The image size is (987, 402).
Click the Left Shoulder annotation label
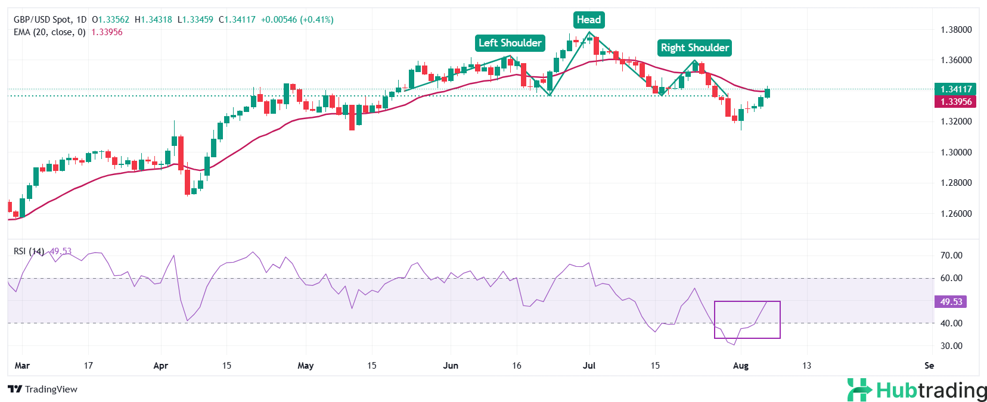pyautogui.click(x=510, y=43)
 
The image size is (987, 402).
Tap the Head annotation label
pyautogui.click(x=589, y=20)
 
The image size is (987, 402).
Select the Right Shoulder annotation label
pyautogui.click(x=694, y=48)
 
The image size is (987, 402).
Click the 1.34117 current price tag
pyautogui.click(x=955, y=89)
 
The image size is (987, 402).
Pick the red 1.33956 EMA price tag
pyautogui.click(x=955, y=102)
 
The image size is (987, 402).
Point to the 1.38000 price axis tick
pyautogui.click(x=956, y=30)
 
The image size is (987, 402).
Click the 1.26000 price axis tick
pyautogui.click(x=956, y=214)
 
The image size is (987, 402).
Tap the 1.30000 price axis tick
pyautogui.click(x=956, y=152)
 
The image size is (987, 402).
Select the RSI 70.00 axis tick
pyautogui.click(x=951, y=255)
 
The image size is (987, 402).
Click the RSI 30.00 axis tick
pyautogui.click(x=951, y=346)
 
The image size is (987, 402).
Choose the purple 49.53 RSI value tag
pyautogui.click(x=951, y=302)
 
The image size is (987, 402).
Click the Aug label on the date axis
pyautogui.click(x=740, y=366)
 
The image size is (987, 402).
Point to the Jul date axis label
pyautogui.click(x=589, y=366)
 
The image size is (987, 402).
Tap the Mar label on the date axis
pyautogui.click(x=22, y=366)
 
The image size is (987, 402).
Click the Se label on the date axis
pyautogui.click(x=929, y=366)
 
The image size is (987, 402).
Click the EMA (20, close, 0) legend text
pyautogui.click(x=49, y=32)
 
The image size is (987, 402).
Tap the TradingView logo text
pyautogui.click(x=43, y=389)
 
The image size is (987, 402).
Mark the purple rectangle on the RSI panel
pyautogui.click(x=747, y=320)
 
